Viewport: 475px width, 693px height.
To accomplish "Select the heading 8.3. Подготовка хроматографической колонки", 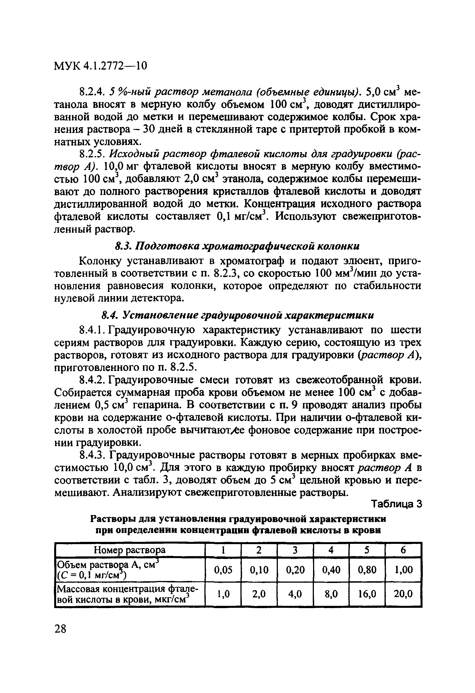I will (237, 246).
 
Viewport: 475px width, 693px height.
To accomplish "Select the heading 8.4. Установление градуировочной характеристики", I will (238, 315).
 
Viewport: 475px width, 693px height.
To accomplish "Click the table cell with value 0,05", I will (223, 570).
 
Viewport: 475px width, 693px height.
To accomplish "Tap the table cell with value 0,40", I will (331, 570).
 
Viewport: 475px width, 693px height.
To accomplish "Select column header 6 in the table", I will (403, 550).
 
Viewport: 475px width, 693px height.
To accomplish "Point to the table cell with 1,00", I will (403, 570).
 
